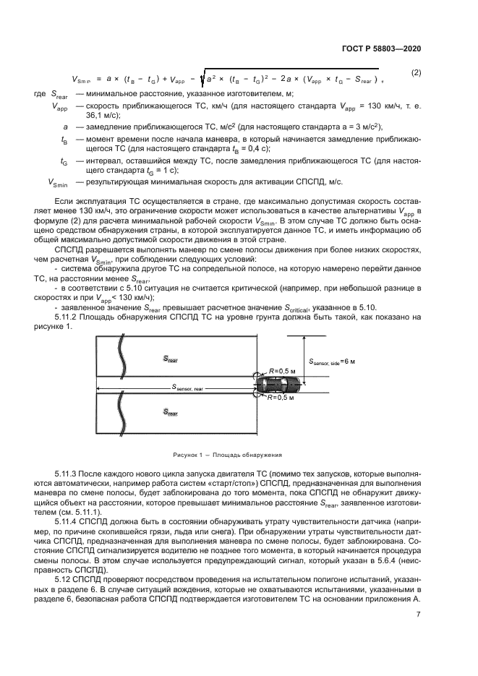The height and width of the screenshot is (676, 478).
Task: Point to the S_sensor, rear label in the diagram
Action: click(187, 388)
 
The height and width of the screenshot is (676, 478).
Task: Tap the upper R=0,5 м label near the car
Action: click(283, 370)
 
